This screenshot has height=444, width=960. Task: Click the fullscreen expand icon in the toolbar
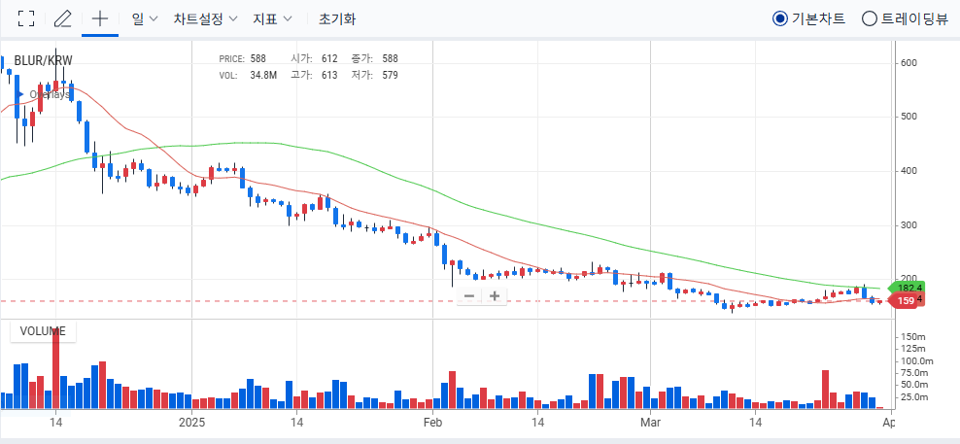click(x=27, y=18)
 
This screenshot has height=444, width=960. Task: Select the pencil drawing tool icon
click(x=63, y=18)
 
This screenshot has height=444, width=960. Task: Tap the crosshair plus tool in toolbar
click(x=99, y=18)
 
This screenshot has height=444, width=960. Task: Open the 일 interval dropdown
click(x=144, y=18)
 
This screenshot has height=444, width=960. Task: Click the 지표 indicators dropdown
click(x=277, y=18)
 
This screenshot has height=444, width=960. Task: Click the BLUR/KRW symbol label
click(x=43, y=60)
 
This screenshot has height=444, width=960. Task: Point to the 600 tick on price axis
click(x=909, y=62)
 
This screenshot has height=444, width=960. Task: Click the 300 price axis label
click(x=909, y=225)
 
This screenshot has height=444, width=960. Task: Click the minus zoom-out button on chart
click(x=469, y=295)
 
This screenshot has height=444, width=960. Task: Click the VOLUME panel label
click(x=43, y=331)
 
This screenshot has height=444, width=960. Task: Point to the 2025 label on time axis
click(x=192, y=423)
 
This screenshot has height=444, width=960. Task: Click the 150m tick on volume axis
click(x=913, y=336)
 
